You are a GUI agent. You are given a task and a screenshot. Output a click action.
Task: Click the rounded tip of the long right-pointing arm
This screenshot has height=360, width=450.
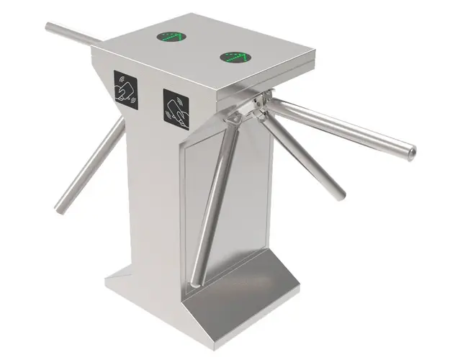(410, 153)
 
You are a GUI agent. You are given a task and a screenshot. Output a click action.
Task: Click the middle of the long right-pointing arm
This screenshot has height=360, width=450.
(338, 130)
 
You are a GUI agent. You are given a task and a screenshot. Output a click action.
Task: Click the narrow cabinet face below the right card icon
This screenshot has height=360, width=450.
(155, 216)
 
